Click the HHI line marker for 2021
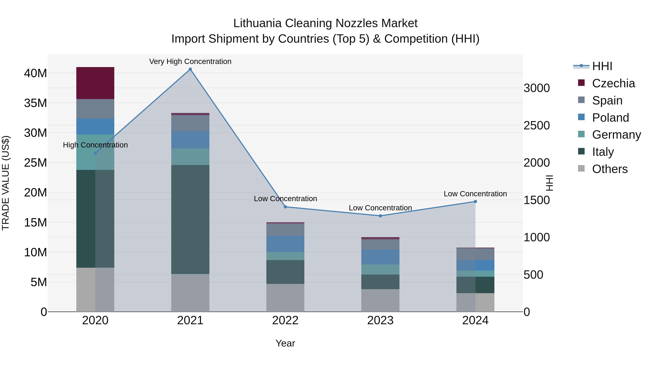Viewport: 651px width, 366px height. click(190, 69)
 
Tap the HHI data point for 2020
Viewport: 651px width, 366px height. click(95, 153)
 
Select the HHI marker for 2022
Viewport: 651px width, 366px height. click(285, 207)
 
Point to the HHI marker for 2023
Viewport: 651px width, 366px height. click(380, 216)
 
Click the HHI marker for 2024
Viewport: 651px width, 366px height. click(475, 202)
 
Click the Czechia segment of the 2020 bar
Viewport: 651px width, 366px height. click(95, 83)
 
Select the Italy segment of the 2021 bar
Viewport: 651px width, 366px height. click(190, 219)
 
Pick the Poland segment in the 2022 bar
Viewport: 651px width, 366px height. click(285, 244)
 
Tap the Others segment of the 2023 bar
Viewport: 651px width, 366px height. click(380, 300)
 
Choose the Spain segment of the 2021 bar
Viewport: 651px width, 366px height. click(190, 123)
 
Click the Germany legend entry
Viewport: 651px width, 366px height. click(616, 135)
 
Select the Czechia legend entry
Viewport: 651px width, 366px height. click(613, 83)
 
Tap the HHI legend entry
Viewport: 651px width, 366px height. click(602, 66)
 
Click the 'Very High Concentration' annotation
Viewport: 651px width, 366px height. click(190, 61)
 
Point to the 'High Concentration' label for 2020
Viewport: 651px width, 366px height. click(95, 145)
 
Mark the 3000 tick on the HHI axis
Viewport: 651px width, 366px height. click(537, 88)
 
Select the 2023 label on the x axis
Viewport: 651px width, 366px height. click(380, 320)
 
